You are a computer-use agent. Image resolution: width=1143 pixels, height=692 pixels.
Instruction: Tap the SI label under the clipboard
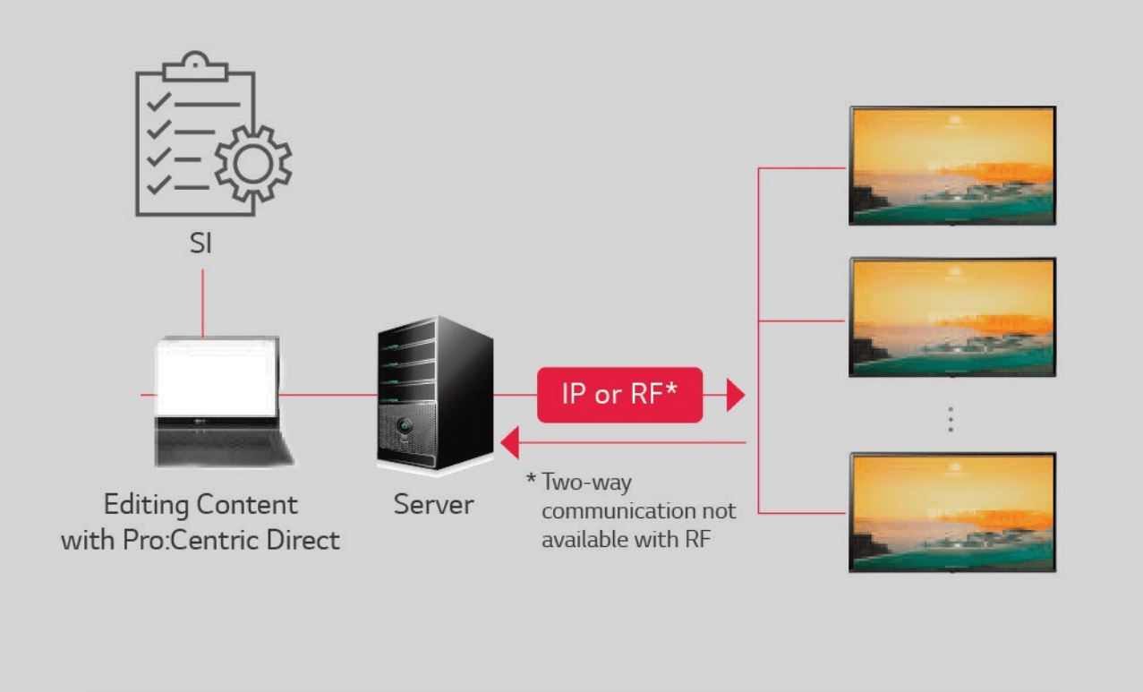pos(200,243)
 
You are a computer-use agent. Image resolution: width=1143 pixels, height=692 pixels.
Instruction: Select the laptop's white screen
pos(216,377)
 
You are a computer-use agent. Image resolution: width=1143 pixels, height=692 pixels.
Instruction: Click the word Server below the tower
pos(433,504)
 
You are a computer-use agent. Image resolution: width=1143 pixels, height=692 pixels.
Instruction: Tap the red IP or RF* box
pos(619,394)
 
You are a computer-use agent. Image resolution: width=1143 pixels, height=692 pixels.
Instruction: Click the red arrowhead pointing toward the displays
pos(736,394)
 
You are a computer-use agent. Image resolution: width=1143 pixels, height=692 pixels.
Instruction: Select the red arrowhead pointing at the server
pos(509,442)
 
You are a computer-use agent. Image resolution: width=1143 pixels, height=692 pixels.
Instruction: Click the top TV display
pos(952,166)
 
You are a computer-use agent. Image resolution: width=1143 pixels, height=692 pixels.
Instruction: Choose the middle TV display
pos(952,317)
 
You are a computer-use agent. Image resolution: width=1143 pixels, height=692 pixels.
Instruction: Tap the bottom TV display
pos(952,512)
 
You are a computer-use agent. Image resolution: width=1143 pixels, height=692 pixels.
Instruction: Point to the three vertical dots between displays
pos(951,420)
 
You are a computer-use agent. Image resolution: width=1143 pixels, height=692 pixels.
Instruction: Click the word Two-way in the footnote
pos(586,483)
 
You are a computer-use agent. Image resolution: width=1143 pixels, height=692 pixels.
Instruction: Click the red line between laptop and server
pos(328,394)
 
